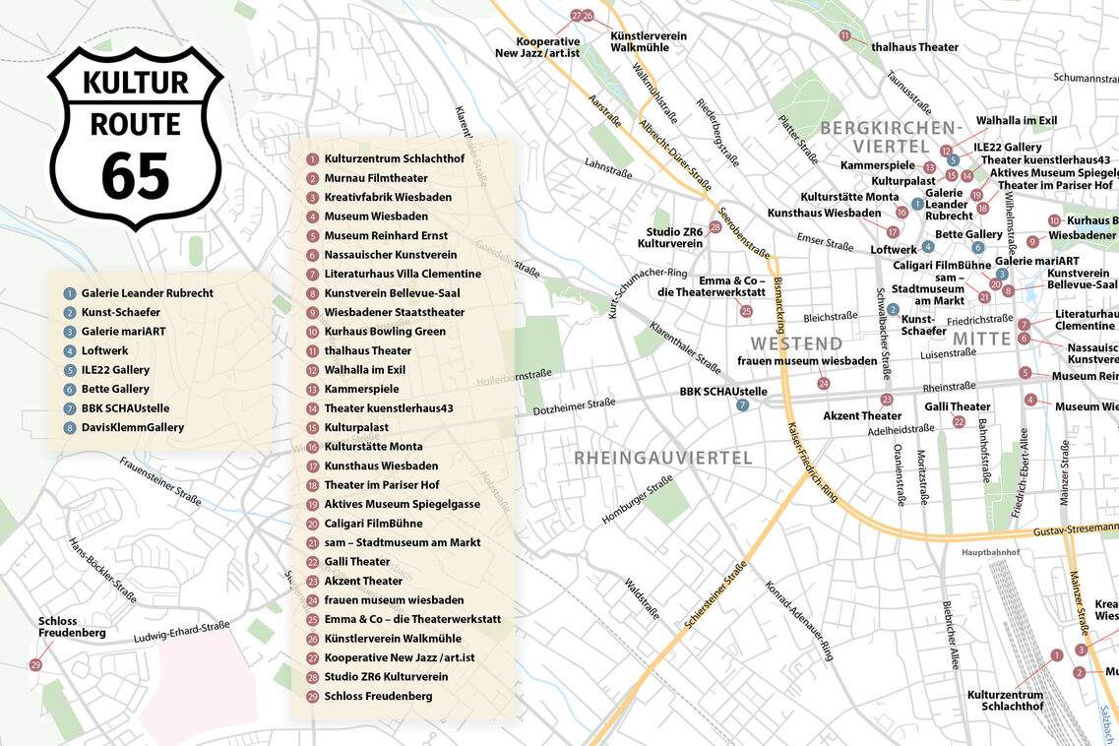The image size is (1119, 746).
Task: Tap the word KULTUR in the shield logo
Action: coord(135,83)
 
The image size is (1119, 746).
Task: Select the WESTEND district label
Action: coord(796,343)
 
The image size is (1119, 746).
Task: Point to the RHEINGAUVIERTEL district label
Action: coord(663,458)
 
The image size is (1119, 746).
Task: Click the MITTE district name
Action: coord(981,340)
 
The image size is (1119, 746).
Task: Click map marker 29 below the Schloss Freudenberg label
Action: coord(36,666)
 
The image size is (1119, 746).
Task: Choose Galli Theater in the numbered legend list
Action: coord(357,561)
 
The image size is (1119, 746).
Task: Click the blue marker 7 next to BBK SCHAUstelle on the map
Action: coord(743,404)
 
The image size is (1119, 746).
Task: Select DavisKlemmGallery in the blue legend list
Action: coord(133,427)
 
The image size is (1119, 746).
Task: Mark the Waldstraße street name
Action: coord(642,598)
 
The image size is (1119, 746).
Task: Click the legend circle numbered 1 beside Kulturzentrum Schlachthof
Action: coord(312,158)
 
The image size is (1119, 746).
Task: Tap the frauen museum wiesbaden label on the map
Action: coord(807,361)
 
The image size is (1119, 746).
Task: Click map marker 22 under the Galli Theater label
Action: coord(959,422)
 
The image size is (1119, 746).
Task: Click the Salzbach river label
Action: coord(1109,724)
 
